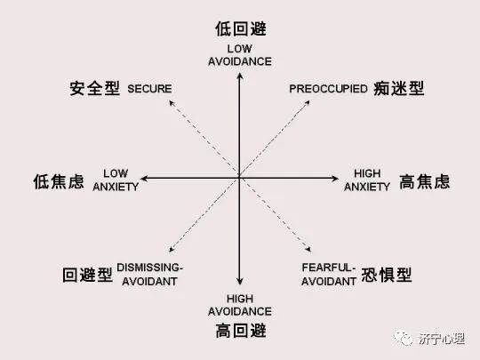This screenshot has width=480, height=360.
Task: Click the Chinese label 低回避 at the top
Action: pos(241,29)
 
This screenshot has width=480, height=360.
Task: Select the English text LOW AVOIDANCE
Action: pos(240,55)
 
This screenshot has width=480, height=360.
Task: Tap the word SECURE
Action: pos(149,89)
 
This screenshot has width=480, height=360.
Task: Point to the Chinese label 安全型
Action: pos(95,89)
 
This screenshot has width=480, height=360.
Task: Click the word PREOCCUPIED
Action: pos(329,89)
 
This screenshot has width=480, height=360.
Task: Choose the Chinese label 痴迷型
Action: pos(399,89)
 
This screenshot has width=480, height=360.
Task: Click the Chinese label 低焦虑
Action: pos(59,181)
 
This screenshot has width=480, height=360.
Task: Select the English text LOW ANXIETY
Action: pos(116,180)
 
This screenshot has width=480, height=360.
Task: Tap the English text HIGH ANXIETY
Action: pos(367,180)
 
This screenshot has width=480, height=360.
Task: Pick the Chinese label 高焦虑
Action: pos(425,181)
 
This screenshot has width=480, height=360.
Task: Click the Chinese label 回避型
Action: pos(87,275)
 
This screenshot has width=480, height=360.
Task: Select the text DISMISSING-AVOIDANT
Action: pos(149,275)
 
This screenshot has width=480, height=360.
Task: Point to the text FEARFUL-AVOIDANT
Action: pos(329,275)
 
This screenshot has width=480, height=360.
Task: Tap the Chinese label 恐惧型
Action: pos(387,275)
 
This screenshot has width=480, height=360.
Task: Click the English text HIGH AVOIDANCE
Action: pos(240,305)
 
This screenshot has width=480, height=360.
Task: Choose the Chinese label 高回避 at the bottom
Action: pos(241,331)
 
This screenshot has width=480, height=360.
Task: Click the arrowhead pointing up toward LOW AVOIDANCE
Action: pos(240,76)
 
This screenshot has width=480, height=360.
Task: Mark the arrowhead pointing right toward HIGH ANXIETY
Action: pos(335,178)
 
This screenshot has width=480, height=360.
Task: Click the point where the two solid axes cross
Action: pos(240,178)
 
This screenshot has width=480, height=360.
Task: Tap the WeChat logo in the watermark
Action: pos(404,339)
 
